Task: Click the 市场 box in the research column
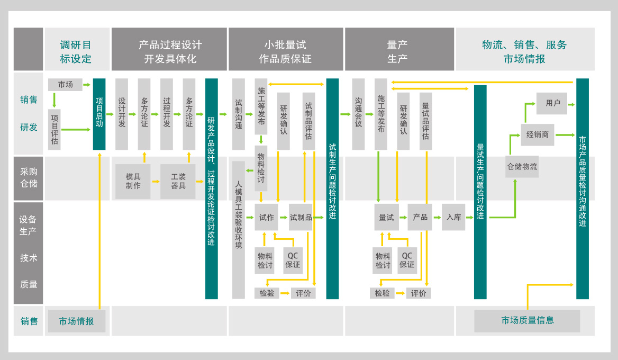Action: tap(65, 85)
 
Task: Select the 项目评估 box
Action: tap(54, 129)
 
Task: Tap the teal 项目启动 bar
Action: tap(99, 114)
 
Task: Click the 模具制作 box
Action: tap(133, 181)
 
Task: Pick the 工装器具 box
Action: tap(178, 181)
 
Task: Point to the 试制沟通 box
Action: tap(239, 114)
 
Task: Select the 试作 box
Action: tap(267, 217)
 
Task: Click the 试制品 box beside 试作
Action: tap(301, 217)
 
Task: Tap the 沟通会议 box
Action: tap(358, 114)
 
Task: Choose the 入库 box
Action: tap(453, 217)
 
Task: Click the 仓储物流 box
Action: tap(522, 166)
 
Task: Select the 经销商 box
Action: tap(538, 134)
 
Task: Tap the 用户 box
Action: tap(552, 103)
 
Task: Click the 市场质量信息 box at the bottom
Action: tap(527, 320)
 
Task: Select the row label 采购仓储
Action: tap(29, 178)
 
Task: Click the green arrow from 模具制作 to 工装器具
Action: tap(155, 182)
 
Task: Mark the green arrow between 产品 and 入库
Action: tap(437, 217)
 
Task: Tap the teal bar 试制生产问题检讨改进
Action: tap(332, 188)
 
